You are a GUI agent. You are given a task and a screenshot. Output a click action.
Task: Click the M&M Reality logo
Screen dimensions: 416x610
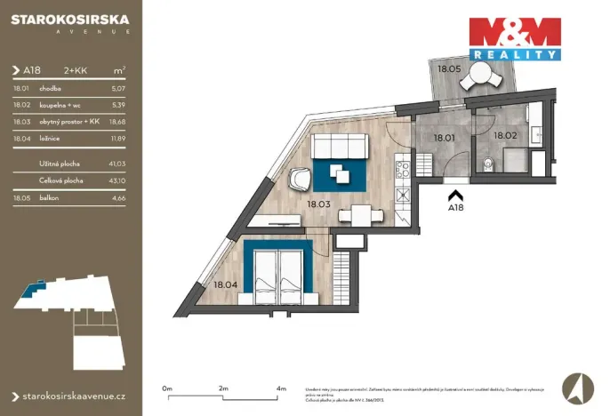coord(516,38)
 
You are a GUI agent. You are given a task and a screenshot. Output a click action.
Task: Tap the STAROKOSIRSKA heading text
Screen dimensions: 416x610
coord(70,17)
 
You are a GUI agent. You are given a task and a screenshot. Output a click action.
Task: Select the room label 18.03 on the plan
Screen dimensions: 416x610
coord(318,204)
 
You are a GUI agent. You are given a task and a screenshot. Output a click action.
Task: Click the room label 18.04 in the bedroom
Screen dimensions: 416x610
coord(224,285)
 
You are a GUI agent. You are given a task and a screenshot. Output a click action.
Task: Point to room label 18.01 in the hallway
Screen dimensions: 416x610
coord(444,138)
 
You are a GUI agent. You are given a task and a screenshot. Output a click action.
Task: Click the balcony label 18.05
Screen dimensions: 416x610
coord(448,68)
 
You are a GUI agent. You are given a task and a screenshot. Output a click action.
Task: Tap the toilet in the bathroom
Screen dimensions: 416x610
coord(489,163)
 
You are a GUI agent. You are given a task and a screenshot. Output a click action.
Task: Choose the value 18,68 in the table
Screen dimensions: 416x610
coord(118,121)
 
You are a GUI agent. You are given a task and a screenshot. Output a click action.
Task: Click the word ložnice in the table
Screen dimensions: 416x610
coord(51,138)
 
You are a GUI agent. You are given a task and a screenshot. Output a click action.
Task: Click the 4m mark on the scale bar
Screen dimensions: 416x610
coord(281,388)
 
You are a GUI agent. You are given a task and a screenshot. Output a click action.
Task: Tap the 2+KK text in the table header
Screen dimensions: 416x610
coord(76,69)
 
